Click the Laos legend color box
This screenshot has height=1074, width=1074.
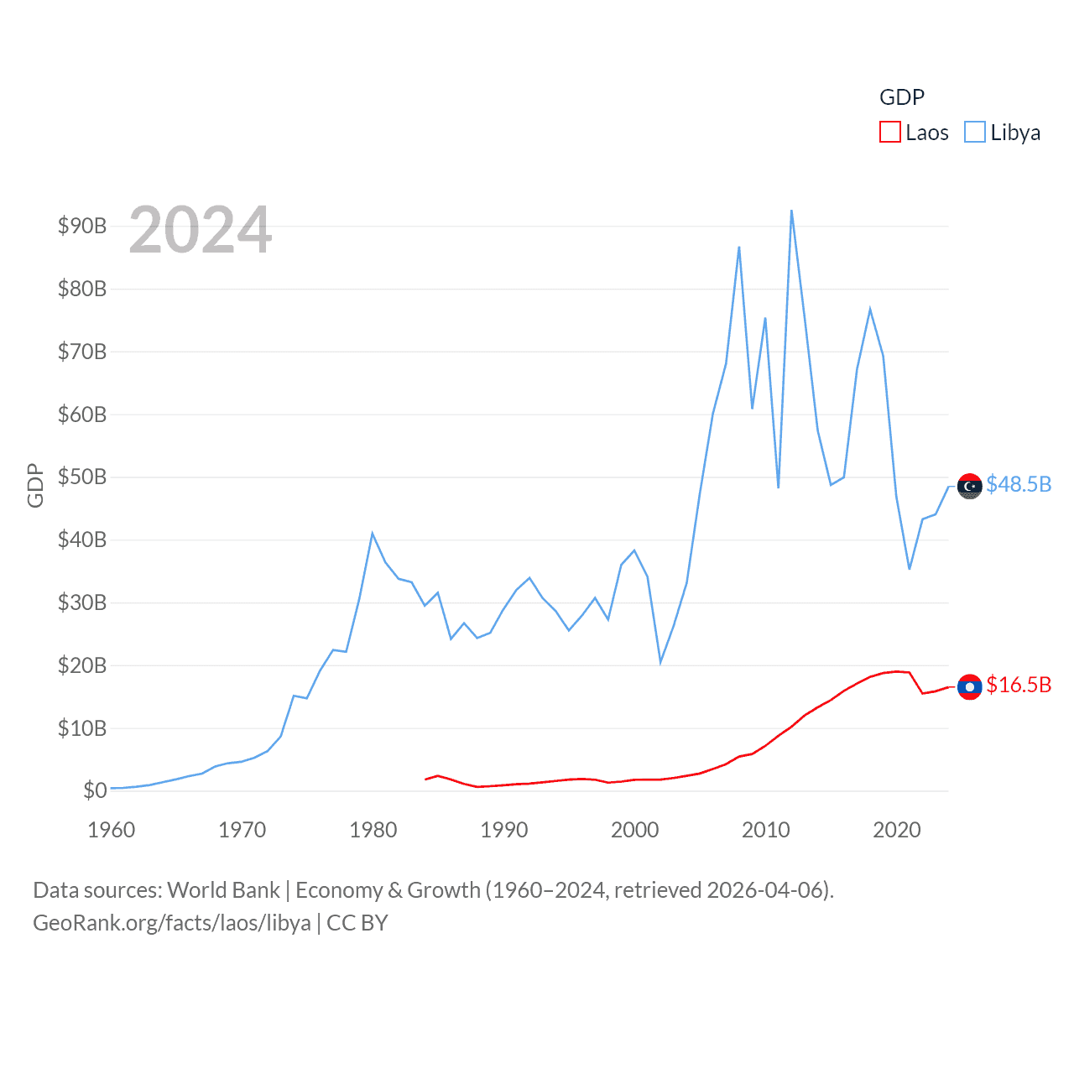(889, 133)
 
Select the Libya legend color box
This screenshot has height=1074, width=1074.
(974, 133)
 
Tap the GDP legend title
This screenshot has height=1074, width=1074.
(901, 97)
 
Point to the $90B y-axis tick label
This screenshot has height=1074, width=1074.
(82, 226)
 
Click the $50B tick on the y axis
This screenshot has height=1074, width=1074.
(82, 477)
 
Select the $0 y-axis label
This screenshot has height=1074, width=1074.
(95, 790)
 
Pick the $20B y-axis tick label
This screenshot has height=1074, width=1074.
(82, 665)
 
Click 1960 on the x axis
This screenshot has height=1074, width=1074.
(112, 830)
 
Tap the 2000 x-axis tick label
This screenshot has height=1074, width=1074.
(634, 830)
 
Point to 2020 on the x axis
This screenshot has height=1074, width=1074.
(896, 830)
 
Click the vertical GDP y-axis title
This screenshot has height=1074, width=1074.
(35, 485)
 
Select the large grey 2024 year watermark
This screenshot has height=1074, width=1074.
(201, 230)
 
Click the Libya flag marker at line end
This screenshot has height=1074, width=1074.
(969, 486)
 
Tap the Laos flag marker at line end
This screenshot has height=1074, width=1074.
(969, 686)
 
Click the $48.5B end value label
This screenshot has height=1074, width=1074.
(1019, 484)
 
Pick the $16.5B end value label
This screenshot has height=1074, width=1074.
(1019, 685)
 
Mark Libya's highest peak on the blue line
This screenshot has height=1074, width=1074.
(791, 211)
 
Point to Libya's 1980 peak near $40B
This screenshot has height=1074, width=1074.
(372, 534)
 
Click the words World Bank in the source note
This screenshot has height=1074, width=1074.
(223, 889)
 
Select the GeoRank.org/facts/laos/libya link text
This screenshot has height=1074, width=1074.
(172, 923)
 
